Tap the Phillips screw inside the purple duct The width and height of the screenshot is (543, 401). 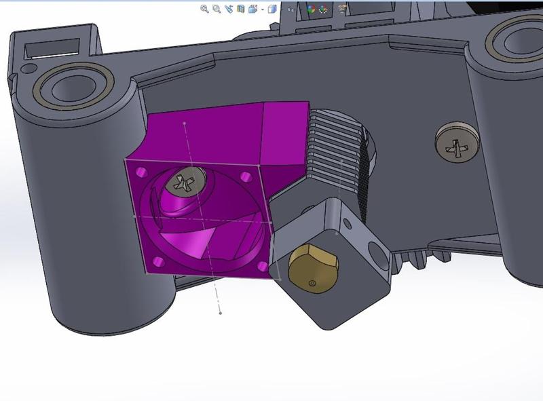(x=187, y=182)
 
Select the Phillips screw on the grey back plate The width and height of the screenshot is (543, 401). (x=456, y=142)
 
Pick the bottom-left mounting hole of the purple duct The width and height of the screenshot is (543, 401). (x=158, y=261)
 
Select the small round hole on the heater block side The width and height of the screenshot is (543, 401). (x=348, y=222)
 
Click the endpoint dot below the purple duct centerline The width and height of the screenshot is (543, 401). (x=221, y=313)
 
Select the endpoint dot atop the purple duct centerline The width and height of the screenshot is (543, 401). (x=185, y=123)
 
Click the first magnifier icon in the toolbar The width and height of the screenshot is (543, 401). (x=204, y=9)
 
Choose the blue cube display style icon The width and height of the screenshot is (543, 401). (x=271, y=9)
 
